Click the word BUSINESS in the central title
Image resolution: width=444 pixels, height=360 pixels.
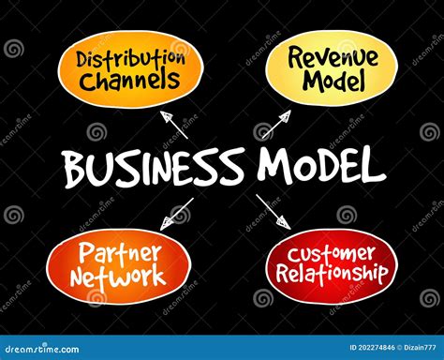click(155, 170)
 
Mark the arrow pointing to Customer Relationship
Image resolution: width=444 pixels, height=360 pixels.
click(274, 212)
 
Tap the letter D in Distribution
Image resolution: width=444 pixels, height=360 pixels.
click(83, 60)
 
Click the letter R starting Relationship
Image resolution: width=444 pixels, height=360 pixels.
click(278, 274)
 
